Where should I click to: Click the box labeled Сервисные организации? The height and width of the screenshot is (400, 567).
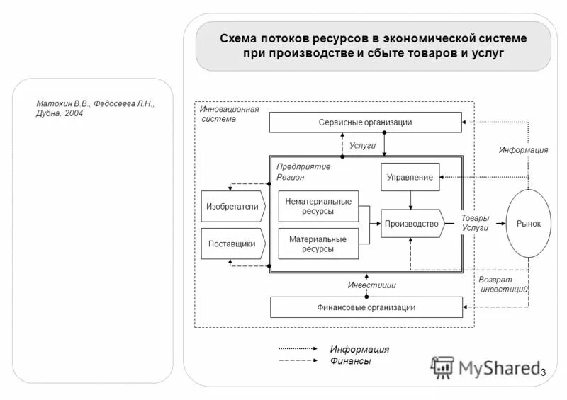pyautogui.click(x=365, y=122)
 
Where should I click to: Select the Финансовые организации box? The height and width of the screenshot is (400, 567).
pyautogui.click(x=366, y=307)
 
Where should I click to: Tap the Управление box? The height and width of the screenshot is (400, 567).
pyautogui.click(x=410, y=177)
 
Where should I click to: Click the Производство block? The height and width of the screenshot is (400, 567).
pyautogui.click(x=411, y=224)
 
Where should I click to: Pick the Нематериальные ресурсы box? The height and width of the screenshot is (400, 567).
pyautogui.click(x=318, y=206)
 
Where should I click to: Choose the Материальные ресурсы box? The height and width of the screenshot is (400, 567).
pyautogui.click(x=318, y=244)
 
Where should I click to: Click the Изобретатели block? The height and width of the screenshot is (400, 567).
pyautogui.click(x=232, y=206)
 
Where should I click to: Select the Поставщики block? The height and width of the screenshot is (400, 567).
pyautogui.click(x=232, y=244)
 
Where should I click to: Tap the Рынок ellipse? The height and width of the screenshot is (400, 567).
pyautogui.click(x=528, y=224)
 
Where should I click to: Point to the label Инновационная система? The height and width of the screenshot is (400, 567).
pyautogui.click(x=229, y=114)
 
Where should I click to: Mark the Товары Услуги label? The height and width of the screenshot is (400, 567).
pyautogui.click(x=475, y=224)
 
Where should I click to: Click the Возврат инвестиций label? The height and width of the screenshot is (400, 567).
pyautogui.click(x=505, y=285)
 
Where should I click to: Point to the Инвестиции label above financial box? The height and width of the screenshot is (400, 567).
pyautogui.click(x=371, y=285)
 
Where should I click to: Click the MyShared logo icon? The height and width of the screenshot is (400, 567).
pyautogui.click(x=443, y=366)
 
